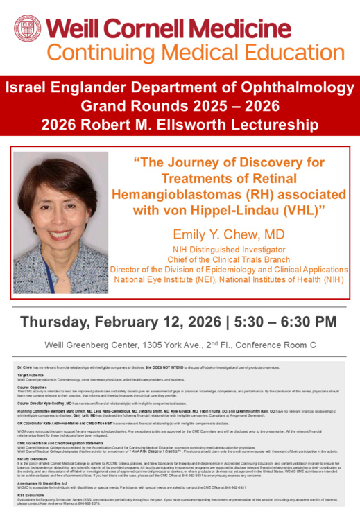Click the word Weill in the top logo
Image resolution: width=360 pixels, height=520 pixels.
coord(77,28)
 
